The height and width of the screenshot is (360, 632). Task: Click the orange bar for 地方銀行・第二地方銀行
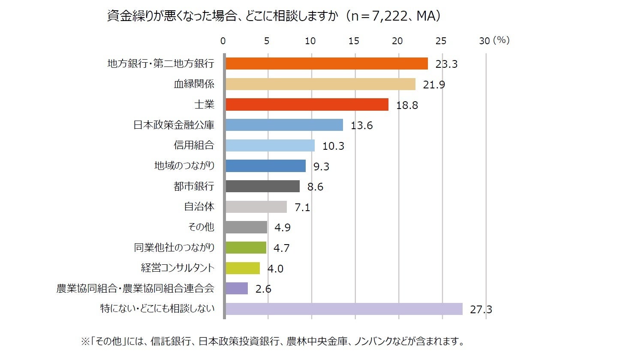click(326, 64)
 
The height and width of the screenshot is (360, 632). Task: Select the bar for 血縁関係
click(320, 84)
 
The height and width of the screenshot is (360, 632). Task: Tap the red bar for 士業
click(307, 104)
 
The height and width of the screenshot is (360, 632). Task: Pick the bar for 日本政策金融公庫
click(284, 125)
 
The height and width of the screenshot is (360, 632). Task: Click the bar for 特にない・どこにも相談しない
click(343, 309)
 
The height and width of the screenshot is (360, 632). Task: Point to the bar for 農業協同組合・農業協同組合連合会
click(236, 288)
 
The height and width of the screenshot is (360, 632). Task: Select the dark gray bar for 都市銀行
click(262, 186)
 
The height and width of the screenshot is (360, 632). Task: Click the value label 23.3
click(446, 64)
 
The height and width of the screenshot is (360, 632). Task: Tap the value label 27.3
click(481, 309)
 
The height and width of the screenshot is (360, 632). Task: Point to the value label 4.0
click(275, 269)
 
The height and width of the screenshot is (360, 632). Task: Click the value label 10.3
click(333, 146)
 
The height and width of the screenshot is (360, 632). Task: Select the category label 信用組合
click(194, 145)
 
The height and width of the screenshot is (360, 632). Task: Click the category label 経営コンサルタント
click(178, 268)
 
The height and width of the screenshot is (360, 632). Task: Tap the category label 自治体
click(199, 206)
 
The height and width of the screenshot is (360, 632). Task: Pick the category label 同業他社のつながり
click(174, 248)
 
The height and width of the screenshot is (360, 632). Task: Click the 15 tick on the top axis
click(354, 41)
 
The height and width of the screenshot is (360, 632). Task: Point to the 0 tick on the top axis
click(223, 41)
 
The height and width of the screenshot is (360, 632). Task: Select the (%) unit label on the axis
click(501, 40)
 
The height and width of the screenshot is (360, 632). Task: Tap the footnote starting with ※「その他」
click(273, 342)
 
